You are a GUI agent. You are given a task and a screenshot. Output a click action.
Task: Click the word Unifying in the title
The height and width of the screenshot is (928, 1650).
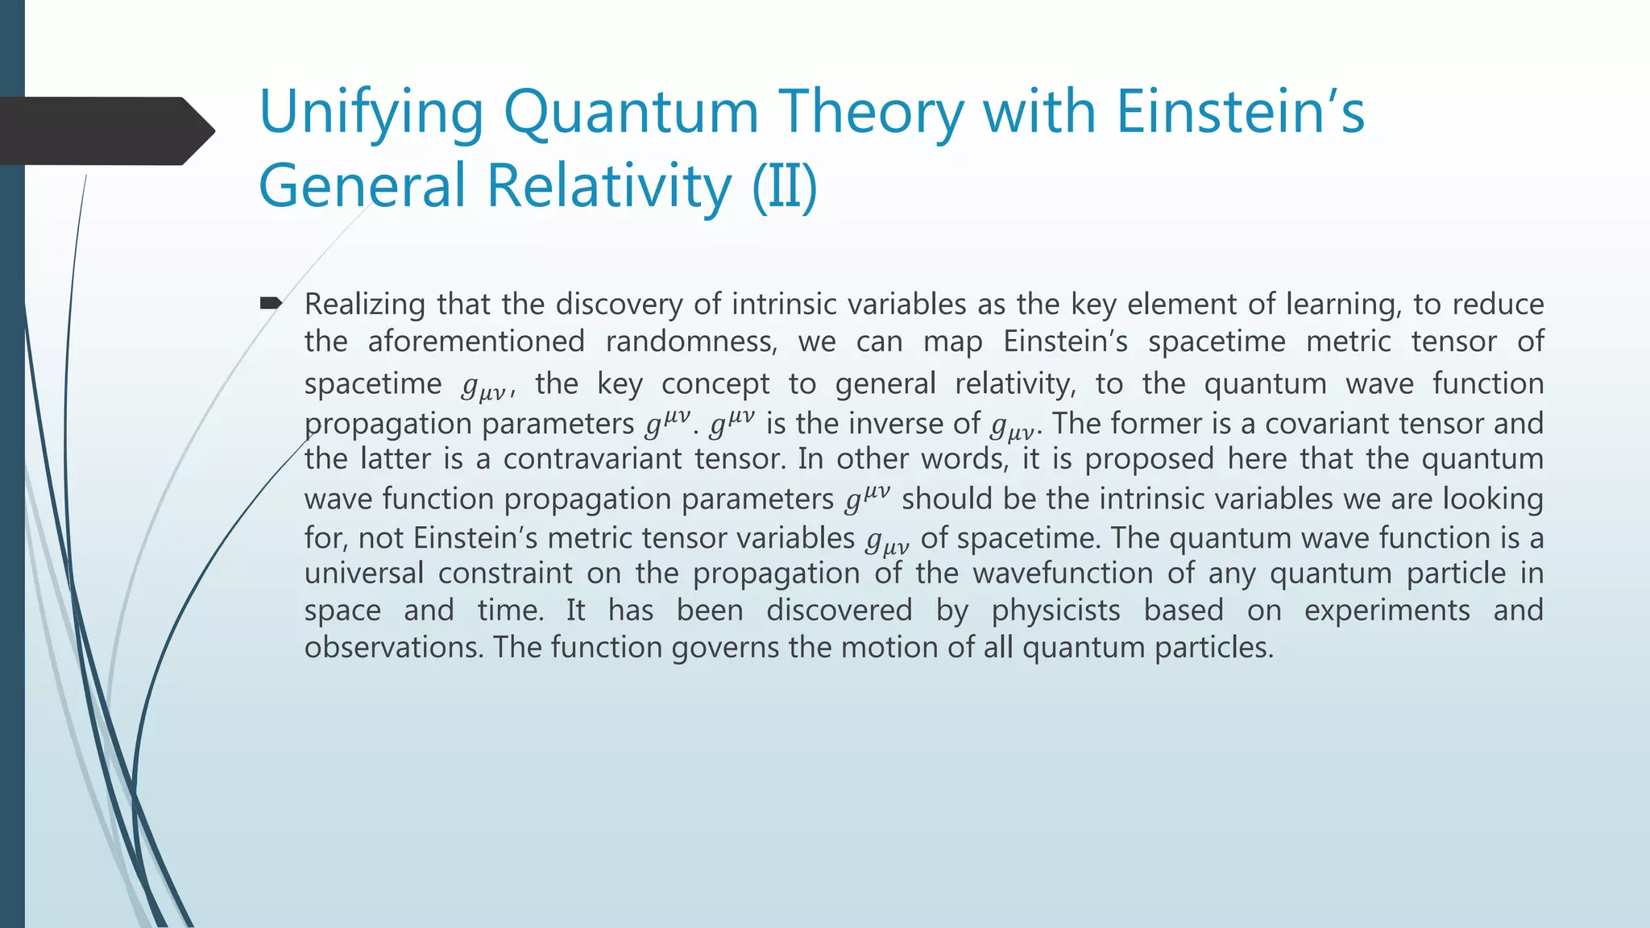pyautogui.click(x=371, y=113)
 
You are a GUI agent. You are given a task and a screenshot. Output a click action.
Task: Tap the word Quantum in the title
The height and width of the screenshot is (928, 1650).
pyautogui.click(x=631, y=113)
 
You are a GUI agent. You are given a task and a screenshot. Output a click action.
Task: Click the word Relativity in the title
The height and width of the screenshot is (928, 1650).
pyautogui.click(x=609, y=186)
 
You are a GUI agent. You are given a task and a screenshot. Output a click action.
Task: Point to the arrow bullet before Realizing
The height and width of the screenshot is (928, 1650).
pyautogui.click(x=270, y=304)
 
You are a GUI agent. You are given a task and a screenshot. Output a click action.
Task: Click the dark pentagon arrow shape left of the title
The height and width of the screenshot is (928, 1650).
pyautogui.click(x=105, y=130)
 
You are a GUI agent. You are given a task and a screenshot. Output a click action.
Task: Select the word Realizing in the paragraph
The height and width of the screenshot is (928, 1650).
pyautogui.click(x=364, y=304)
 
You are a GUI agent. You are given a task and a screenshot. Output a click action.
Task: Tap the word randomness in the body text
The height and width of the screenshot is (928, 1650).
pyautogui.click(x=691, y=342)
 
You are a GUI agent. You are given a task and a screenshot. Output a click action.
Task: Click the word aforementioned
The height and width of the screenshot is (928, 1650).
pyautogui.click(x=476, y=342)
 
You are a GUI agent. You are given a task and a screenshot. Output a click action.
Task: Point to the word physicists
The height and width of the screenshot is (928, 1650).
pyautogui.click(x=1055, y=611)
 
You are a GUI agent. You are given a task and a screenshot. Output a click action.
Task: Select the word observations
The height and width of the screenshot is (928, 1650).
pyautogui.click(x=393, y=648)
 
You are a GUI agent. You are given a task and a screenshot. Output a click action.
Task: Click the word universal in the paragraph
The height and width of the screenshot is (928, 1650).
pyautogui.click(x=363, y=574)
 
